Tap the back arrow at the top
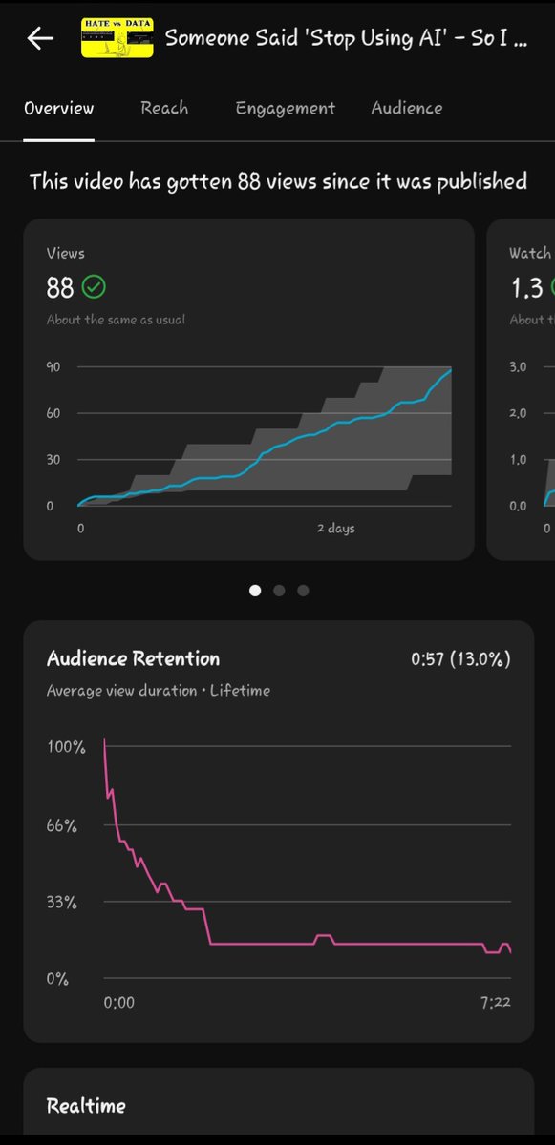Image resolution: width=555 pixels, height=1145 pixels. [x=40, y=38]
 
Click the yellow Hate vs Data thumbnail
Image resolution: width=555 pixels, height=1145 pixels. [x=117, y=37]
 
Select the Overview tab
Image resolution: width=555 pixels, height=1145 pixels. [x=58, y=108]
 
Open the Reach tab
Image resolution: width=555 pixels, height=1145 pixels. [x=164, y=108]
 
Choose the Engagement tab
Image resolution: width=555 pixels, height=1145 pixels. [x=285, y=108]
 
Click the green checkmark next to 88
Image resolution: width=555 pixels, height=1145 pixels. [x=94, y=286]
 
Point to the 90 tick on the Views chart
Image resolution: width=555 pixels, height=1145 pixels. [x=54, y=367]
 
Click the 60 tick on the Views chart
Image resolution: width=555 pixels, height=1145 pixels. [x=54, y=413]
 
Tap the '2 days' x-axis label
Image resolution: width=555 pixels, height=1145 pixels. [x=336, y=528]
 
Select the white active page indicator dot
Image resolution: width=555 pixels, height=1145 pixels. [x=255, y=591]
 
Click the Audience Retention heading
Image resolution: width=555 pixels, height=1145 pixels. [x=133, y=658]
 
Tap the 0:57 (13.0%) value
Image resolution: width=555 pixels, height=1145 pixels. [x=459, y=659]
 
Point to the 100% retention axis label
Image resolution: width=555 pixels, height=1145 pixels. [x=66, y=747]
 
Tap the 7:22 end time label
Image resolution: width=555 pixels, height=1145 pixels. [x=494, y=1002]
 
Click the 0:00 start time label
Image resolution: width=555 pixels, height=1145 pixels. [x=118, y=1002]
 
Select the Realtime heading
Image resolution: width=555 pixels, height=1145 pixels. [x=86, y=1106]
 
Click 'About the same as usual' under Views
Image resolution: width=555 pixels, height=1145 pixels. [x=116, y=320]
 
